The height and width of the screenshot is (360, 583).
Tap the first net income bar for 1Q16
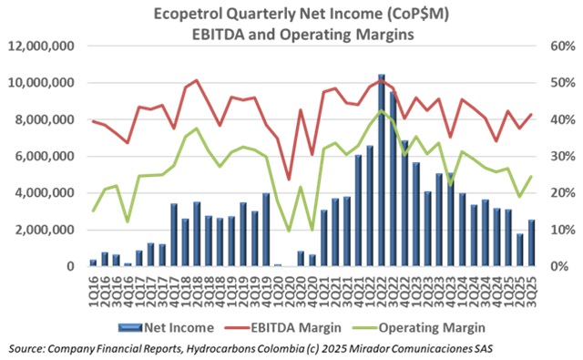point(93,262)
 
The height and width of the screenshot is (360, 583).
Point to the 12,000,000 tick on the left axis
point(43,46)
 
